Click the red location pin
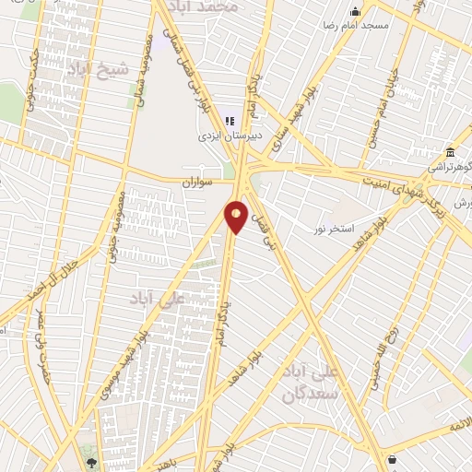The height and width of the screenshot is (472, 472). pyautogui.click(x=236, y=216)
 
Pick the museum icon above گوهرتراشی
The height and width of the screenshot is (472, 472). pyautogui.click(x=449, y=152)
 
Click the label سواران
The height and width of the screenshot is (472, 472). pyautogui.click(x=196, y=183)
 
